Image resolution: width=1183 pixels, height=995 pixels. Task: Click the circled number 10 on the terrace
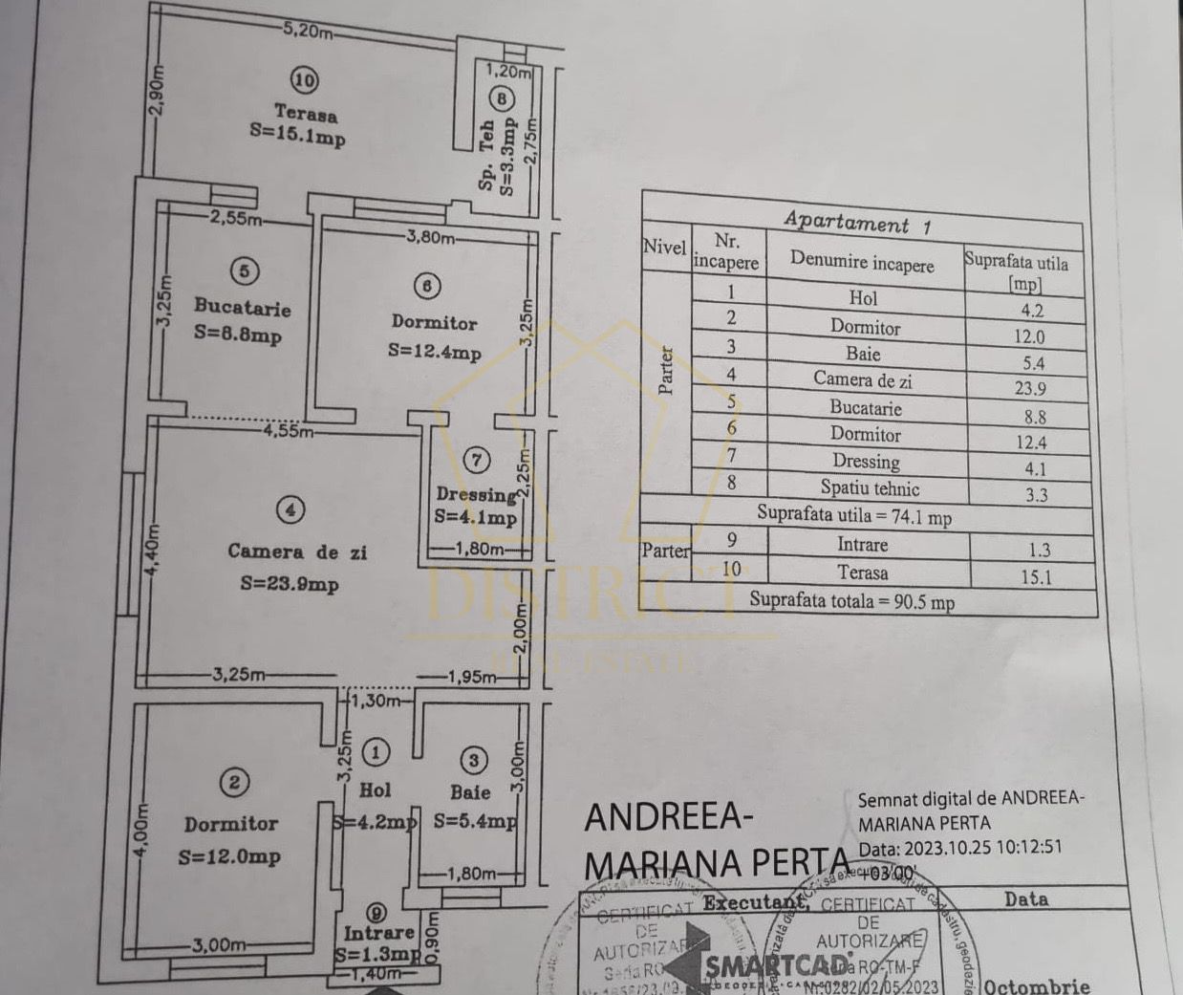304,80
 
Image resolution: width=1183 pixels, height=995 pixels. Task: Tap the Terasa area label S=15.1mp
297,136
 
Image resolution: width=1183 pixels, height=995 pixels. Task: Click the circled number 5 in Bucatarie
244,271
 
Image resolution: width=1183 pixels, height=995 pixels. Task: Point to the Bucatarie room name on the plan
242,307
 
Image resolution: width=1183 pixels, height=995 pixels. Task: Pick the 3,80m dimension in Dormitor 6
430,236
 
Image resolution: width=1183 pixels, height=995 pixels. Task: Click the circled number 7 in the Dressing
477,460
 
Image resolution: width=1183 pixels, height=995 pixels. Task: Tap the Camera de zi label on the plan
296,552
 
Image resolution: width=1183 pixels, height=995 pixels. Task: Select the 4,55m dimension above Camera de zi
289,430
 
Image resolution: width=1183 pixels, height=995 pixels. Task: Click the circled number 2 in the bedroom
234,783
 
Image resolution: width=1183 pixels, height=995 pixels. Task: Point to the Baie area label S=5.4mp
474,820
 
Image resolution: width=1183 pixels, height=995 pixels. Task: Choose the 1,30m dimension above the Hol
376,701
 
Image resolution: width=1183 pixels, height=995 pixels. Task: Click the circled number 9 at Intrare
378,913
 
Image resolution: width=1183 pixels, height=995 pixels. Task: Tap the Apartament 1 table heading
857,223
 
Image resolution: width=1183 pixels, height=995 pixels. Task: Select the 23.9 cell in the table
1029,388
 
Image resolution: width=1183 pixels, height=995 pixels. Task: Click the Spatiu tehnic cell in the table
869,488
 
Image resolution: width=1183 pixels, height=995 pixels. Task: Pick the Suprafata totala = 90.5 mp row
851,601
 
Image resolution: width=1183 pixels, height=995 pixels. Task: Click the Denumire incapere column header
862,262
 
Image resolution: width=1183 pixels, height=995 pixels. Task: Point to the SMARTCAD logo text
777,965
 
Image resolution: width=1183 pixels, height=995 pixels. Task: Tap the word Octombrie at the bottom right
1036,985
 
